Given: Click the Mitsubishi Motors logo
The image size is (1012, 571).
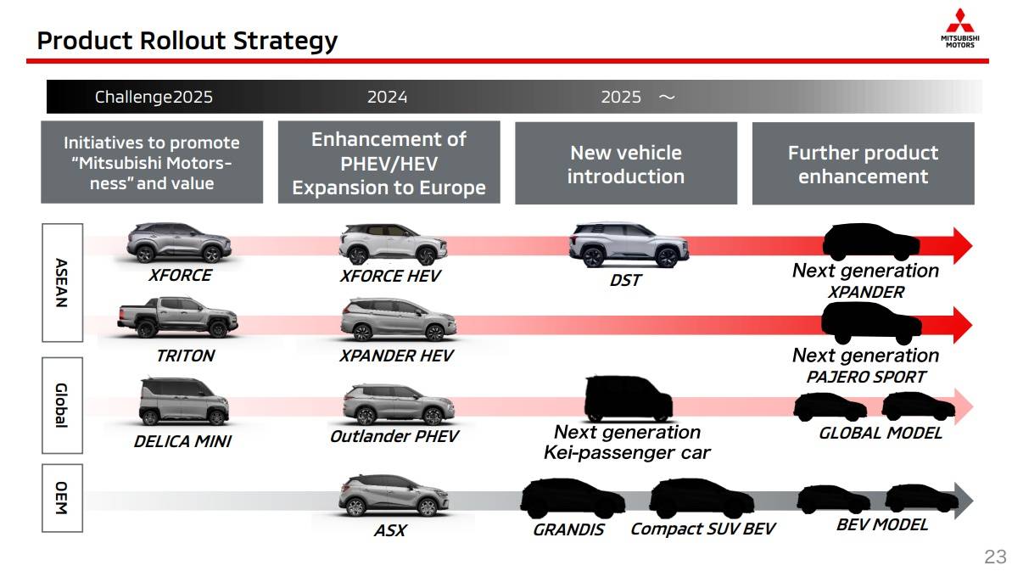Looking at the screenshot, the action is (x=959, y=28).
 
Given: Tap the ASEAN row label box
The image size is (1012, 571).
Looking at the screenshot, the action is (x=62, y=283).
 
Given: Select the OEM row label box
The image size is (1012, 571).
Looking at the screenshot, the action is (x=62, y=497).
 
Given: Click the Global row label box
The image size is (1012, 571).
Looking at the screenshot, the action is (x=62, y=406).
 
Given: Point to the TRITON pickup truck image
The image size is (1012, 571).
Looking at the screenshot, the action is (x=177, y=316).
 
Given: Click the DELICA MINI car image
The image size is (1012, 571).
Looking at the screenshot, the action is (x=184, y=401).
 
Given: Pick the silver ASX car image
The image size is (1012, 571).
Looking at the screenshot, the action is (x=394, y=495).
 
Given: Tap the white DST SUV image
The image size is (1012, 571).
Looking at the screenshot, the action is (x=629, y=244).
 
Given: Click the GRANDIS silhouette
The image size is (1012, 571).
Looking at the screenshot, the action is (x=573, y=498).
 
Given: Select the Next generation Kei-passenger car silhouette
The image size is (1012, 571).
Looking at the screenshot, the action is (x=628, y=399).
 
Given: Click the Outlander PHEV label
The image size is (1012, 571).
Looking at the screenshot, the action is (x=394, y=437).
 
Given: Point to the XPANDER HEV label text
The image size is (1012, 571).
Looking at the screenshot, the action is (x=396, y=355).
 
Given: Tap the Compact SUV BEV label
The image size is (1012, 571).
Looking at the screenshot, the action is (x=703, y=529).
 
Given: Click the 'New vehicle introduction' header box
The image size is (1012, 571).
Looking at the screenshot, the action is (x=626, y=163).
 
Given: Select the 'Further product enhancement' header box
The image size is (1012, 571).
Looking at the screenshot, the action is (x=864, y=163).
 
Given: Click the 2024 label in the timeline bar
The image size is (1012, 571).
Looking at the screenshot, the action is (x=388, y=97).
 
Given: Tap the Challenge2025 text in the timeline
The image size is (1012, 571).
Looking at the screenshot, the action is (x=154, y=97).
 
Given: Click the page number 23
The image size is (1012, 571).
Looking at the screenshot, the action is (x=995, y=557).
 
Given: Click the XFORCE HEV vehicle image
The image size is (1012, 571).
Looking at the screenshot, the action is (x=393, y=244).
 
